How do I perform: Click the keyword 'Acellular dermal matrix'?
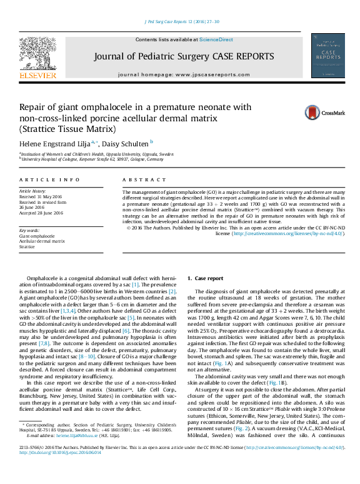42,241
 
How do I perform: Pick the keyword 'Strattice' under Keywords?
27,246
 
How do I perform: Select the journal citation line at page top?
182,21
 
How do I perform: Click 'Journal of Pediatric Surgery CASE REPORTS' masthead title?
182,58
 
